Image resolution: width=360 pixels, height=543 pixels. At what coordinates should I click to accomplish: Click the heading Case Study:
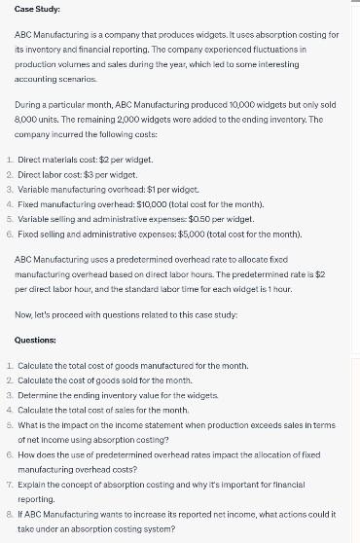tap(37, 9)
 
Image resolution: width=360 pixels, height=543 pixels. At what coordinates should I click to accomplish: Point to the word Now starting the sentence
tap(24, 314)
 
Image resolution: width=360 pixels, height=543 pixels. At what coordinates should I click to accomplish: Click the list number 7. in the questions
tap(9, 485)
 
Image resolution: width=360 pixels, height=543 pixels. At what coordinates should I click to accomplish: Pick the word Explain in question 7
tap(30, 485)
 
